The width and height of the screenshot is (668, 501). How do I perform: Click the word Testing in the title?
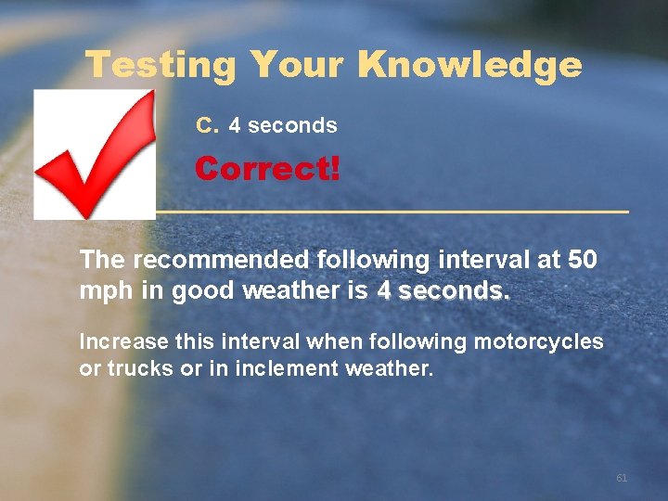161,65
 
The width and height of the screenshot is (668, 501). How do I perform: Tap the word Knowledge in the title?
469,65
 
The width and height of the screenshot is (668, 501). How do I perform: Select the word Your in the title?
298,65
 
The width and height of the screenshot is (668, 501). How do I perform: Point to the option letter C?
206,124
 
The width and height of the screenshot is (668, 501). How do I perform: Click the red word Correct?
267,169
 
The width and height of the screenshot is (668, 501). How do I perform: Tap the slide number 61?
622,478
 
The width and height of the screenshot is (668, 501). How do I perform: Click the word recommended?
215,259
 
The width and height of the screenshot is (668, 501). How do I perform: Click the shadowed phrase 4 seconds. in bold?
443,291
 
